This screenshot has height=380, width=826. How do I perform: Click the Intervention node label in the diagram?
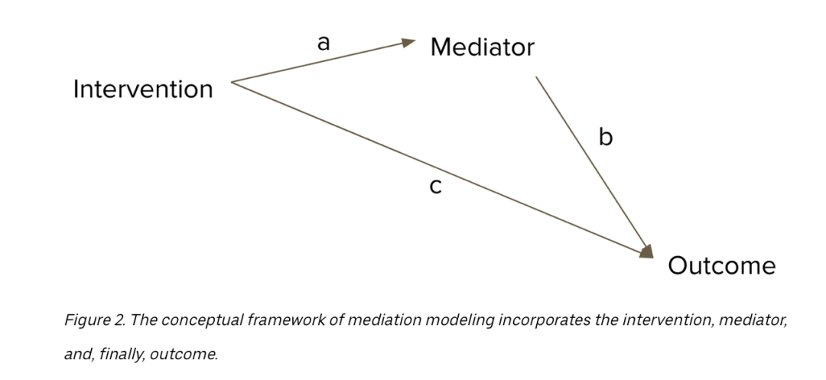coord(143,89)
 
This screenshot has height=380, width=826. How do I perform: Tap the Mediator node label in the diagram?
coord(482,47)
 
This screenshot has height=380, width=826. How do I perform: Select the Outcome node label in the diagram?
coord(722,266)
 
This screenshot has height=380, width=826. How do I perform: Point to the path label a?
coord(324,43)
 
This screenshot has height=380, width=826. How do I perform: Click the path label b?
coord(606,136)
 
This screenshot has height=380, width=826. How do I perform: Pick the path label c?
coord(436,187)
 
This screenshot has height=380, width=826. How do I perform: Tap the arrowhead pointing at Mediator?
coord(408,43)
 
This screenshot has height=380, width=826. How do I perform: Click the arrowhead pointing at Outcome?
coord(647,252)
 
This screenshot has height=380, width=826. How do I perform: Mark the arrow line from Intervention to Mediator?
coord(324,60)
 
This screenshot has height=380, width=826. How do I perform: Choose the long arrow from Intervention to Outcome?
coord(443,170)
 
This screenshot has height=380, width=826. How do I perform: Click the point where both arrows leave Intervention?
coord(231,82)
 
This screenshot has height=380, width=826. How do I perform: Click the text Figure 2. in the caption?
coord(95,320)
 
